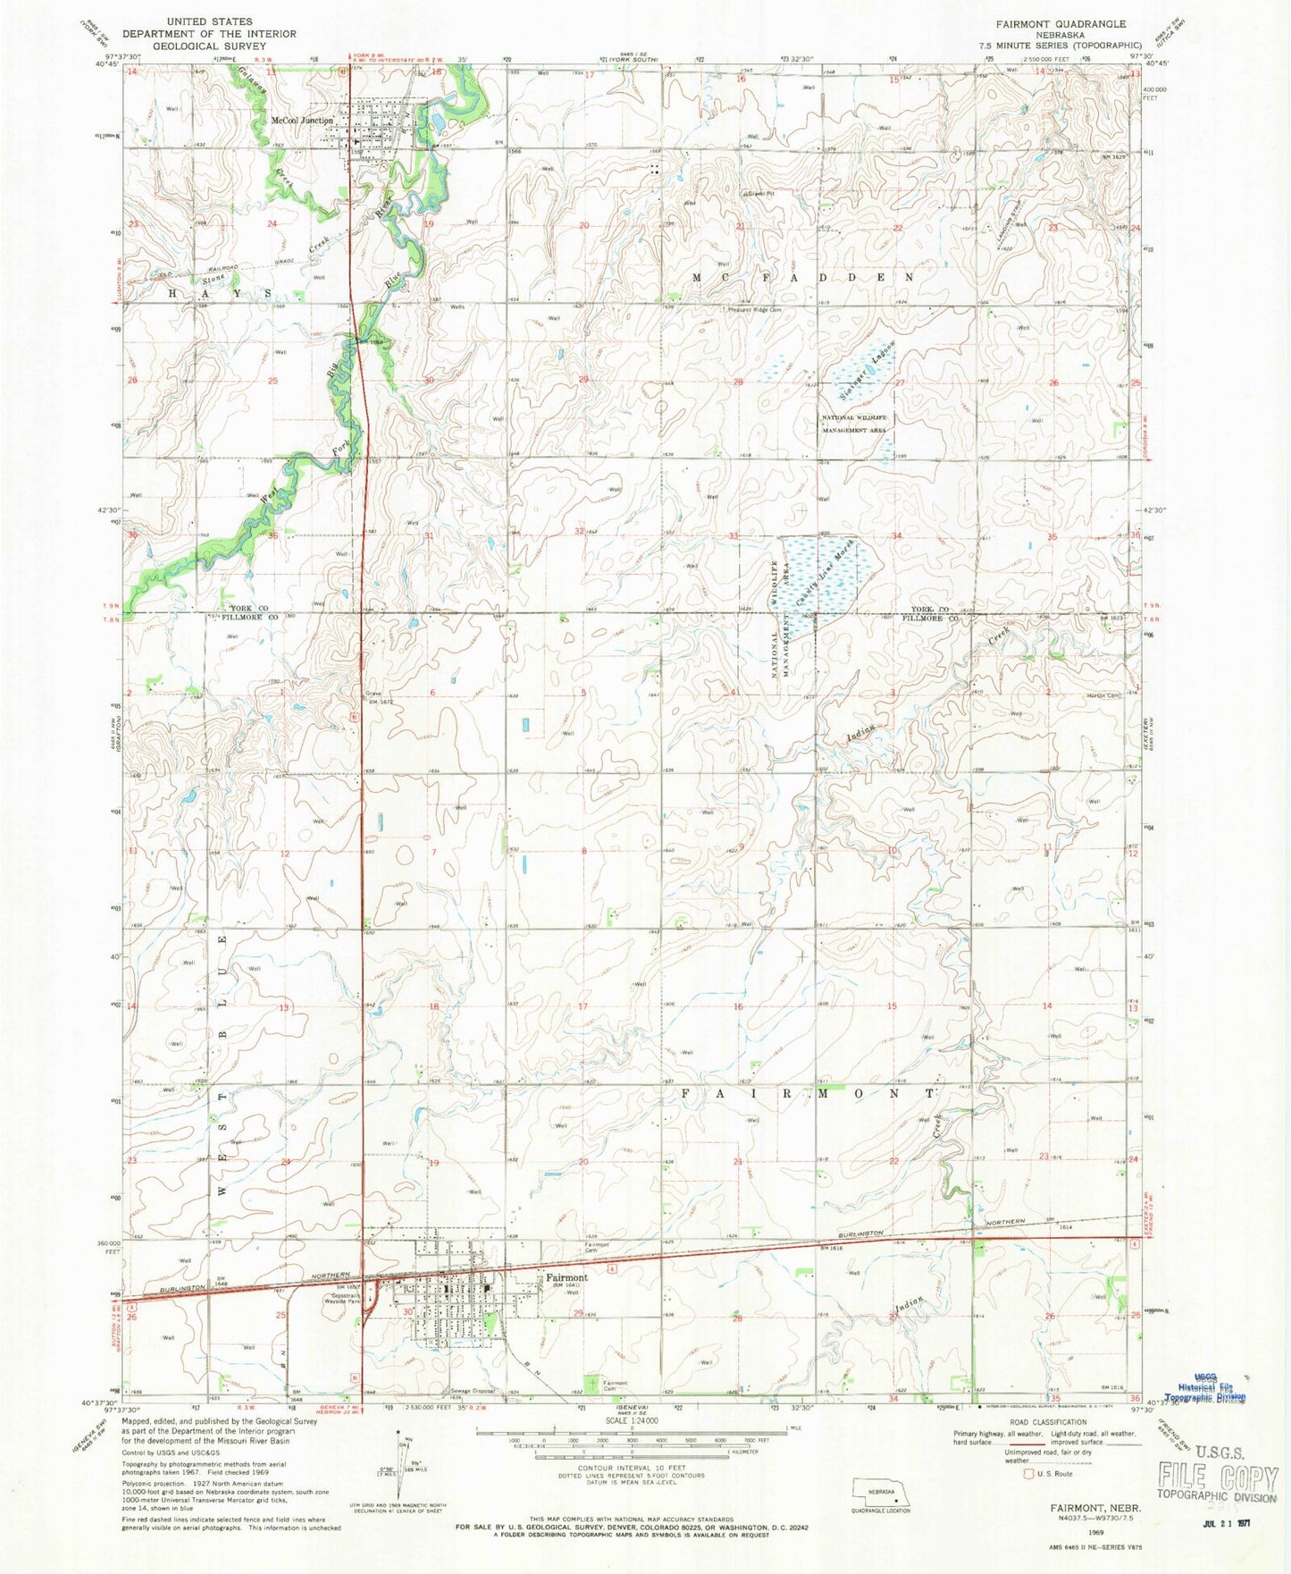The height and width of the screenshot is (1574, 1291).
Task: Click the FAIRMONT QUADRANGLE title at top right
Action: (1052, 24)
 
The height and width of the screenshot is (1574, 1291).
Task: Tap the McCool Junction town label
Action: (302, 121)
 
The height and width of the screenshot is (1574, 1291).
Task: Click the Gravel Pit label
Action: (759, 193)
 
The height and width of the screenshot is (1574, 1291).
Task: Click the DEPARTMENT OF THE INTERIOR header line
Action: (195, 34)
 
